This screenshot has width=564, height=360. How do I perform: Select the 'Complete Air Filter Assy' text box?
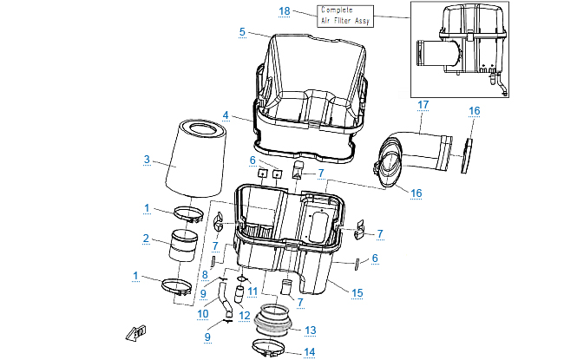click(x=343, y=16)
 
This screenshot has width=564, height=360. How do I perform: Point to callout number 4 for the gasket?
click(x=225, y=115)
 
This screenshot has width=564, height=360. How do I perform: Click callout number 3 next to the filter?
click(x=147, y=160)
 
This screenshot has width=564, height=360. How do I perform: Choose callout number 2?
click(x=147, y=238)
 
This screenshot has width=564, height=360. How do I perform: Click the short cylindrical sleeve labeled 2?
click(x=183, y=245)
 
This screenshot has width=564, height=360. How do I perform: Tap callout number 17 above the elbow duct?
click(x=423, y=105)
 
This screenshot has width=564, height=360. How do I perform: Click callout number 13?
click(x=310, y=330)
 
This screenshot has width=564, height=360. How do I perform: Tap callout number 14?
click(x=311, y=352)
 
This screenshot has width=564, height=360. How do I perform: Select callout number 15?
click(x=357, y=293)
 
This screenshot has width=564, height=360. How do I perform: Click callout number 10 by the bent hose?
click(x=201, y=314)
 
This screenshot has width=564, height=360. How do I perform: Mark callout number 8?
click(x=205, y=275)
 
